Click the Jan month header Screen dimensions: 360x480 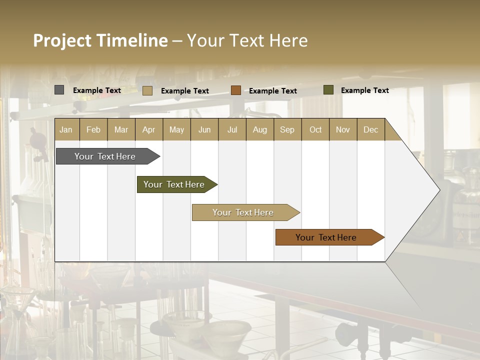point(66,130)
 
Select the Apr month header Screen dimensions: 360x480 point(148,130)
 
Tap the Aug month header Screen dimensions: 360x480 point(259,130)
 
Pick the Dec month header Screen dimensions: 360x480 point(370,130)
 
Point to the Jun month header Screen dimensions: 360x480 point(204,130)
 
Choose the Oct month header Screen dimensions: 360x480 point(315,130)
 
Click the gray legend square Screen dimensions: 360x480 point(59,90)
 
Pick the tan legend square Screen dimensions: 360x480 point(147,90)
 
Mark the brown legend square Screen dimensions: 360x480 point(236,90)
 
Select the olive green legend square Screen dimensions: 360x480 point(328,90)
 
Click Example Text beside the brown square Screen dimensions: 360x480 point(272,91)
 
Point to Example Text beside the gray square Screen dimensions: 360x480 point(96,90)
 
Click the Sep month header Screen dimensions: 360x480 point(287,130)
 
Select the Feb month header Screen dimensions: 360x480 point(93,130)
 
